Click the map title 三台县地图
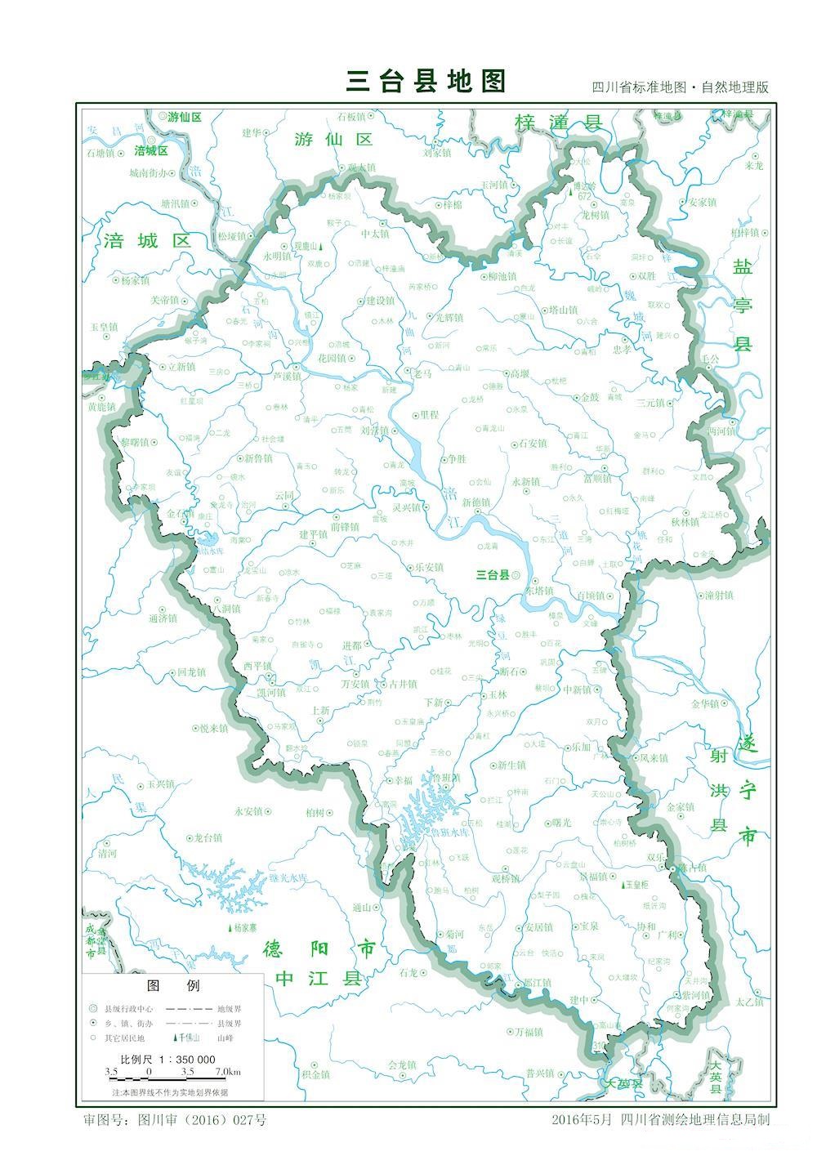point(426,81)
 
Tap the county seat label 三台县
point(493,574)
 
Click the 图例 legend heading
point(173,986)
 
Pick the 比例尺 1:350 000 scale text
point(173,1058)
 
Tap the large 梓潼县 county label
point(558,123)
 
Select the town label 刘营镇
point(373,430)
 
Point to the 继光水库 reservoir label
point(288,877)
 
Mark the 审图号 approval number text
point(175,1120)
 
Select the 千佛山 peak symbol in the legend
point(184,1038)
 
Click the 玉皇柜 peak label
point(636,885)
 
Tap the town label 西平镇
point(256,665)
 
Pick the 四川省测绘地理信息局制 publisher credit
point(694,1120)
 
